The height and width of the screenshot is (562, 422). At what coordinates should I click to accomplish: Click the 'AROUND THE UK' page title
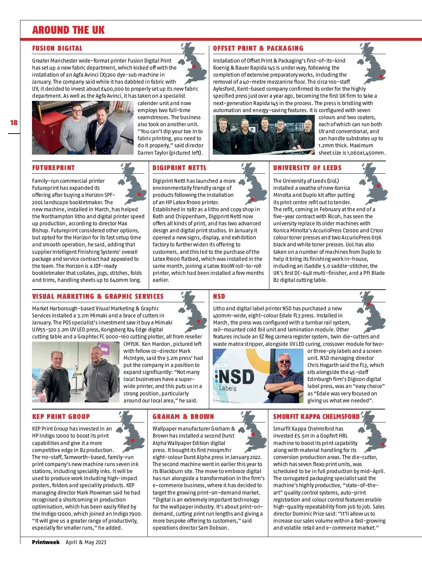[68, 30]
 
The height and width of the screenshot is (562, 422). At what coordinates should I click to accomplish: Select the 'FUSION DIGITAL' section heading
[57, 49]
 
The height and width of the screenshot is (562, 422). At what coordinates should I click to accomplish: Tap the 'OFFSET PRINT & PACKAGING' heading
[258, 49]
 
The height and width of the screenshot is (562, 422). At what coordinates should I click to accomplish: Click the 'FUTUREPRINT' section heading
[53, 168]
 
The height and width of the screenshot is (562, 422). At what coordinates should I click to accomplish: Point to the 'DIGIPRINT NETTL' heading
[179, 168]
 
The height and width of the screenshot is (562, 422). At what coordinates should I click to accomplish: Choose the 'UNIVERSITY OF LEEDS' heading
[307, 168]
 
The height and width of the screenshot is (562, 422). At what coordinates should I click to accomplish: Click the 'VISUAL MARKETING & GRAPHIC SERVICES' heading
[98, 296]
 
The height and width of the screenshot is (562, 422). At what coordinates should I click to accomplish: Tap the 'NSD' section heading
[219, 296]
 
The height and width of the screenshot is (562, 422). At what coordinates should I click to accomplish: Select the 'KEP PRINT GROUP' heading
[61, 416]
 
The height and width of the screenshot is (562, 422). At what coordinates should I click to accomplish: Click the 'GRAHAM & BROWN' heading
[183, 416]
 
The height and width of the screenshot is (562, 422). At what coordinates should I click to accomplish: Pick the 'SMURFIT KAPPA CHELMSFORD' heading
[316, 416]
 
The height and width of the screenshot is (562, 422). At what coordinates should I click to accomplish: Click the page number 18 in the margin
[14, 123]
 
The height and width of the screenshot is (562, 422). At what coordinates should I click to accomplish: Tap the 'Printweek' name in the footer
[46, 542]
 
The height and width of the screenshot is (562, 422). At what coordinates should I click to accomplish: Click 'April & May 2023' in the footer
[86, 542]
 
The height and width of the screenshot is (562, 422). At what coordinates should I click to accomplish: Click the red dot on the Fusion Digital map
[194, 66]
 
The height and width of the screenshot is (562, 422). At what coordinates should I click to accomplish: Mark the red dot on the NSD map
[369, 304]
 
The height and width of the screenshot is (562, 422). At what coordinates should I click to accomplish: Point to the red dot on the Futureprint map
[140, 194]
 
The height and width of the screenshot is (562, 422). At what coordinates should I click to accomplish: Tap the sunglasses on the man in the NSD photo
[284, 361]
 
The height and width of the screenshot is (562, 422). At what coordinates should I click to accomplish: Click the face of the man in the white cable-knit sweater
[77, 112]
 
